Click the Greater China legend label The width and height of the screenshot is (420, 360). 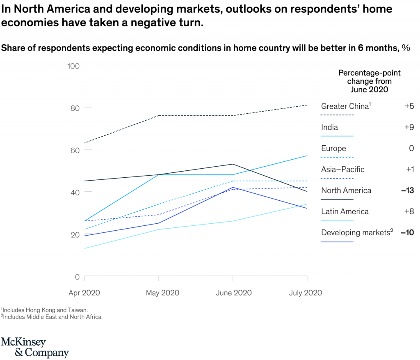pos(345,106)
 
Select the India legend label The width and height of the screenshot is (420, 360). pos(329,127)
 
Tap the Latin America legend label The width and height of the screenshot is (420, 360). pos(345,211)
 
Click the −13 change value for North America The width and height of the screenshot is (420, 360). pos(407,190)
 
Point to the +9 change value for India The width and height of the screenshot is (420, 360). pos(409,127)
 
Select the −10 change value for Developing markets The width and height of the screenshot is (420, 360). pos(407,233)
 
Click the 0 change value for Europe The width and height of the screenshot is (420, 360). pos(411,148)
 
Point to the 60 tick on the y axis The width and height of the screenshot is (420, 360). pos(75,150)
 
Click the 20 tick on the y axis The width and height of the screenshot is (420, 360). pos(75,234)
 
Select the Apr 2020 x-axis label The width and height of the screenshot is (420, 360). pos(84,293)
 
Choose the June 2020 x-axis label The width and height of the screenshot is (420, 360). pos(233,293)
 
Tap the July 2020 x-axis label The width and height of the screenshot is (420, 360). pos(305,293)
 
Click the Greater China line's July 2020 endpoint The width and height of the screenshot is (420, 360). pos(307,105)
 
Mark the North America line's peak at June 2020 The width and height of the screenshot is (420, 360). pos(233,164)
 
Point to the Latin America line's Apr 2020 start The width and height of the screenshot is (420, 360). pos(84,248)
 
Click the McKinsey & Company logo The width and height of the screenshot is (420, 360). pos(34,347)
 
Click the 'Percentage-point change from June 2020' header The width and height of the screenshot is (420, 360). pos(369,81)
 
